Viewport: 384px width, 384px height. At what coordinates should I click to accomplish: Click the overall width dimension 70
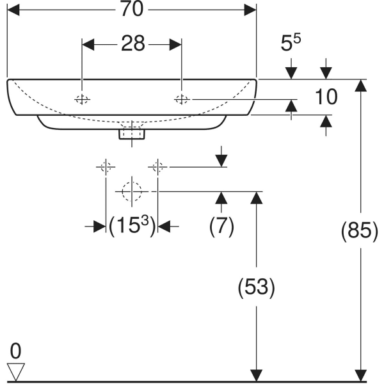coord(132,10)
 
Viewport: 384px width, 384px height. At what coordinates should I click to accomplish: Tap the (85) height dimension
coord(362,230)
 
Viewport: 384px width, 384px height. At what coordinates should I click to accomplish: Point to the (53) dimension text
coord(256,288)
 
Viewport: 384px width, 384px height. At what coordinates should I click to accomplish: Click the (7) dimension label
coord(221,226)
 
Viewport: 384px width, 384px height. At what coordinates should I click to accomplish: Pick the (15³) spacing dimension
coord(131,226)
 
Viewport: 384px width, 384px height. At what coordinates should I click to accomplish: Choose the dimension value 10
coord(326,97)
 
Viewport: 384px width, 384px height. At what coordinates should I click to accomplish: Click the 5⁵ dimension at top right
coord(291,44)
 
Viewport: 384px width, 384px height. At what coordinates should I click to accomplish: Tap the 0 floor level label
coord(15,351)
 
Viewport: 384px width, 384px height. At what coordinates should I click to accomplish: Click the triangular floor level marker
coord(15,370)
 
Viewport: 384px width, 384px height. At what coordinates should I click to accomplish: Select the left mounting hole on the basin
coord(82,99)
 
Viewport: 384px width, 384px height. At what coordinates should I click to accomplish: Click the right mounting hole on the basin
coord(182,99)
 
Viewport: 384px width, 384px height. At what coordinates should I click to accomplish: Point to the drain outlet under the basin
coord(132,134)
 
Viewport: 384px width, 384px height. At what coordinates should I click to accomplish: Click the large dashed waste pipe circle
coord(131,191)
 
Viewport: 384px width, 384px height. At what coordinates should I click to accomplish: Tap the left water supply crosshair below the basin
coord(106,168)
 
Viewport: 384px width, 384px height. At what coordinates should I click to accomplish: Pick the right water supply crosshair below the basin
coord(157,168)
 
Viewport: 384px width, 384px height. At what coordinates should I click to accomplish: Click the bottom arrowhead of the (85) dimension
coord(362,376)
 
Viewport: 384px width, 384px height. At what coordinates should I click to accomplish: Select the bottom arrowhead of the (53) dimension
coord(256,376)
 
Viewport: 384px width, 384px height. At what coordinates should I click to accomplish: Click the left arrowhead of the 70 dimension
coord(13,10)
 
